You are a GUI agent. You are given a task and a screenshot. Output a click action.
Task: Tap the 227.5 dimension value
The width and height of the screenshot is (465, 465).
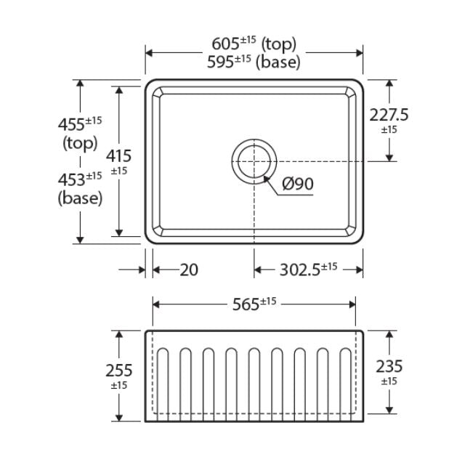[x=389, y=114]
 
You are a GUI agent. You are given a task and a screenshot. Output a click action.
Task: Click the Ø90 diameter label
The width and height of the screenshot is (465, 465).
[x=297, y=184]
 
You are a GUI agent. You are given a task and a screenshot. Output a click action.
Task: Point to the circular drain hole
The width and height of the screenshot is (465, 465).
[x=254, y=159]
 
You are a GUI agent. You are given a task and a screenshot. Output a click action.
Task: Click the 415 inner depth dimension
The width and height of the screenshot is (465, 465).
[x=118, y=155]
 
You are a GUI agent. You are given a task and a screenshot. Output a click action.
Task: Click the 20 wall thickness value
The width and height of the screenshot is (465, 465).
[x=188, y=270]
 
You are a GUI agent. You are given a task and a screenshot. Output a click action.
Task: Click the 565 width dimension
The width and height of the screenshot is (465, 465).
[x=254, y=304]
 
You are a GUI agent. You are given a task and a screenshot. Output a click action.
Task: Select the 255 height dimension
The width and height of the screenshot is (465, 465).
[x=118, y=371]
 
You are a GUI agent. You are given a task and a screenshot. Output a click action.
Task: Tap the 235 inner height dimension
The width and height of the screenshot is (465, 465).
[x=389, y=366]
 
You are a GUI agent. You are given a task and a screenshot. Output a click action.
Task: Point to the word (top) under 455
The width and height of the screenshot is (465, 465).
[x=80, y=143]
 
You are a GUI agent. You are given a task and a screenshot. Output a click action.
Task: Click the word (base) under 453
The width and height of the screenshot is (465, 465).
[x=80, y=198]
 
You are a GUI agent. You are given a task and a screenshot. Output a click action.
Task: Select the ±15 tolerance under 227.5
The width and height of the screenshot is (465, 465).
[x=389, y=130]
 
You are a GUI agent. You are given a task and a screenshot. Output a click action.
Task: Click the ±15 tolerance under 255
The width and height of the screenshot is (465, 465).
[x=118, y=385]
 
